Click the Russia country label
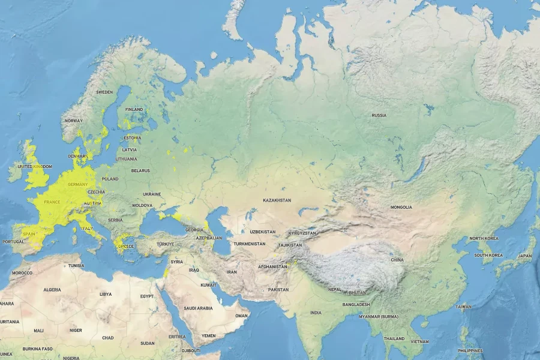click(x=379, y=115)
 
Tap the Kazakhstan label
click(x=277, y=200)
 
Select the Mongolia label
click(x=401, y=207)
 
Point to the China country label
click(x=397, y=260)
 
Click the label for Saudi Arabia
click(x=198, y=308)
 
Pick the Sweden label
click(x=104, y=92)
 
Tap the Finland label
click(x=134, y=109)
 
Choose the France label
click(x=52, y=202)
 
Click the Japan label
click(x=525, y=256)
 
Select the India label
click(x=316, y=313)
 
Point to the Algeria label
click(x=52, y=290)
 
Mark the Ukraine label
click(x=152, y=194)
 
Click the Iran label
click(x=232, y=272)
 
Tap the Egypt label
click(x=147, y=296)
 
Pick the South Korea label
click(x=488, y=255)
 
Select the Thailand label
click(x=394, y=338)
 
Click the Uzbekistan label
click(x=263, y=232)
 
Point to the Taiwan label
click(x=463, y=307)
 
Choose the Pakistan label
click(x=278, y=289)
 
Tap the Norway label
click(x=73, y=121)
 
